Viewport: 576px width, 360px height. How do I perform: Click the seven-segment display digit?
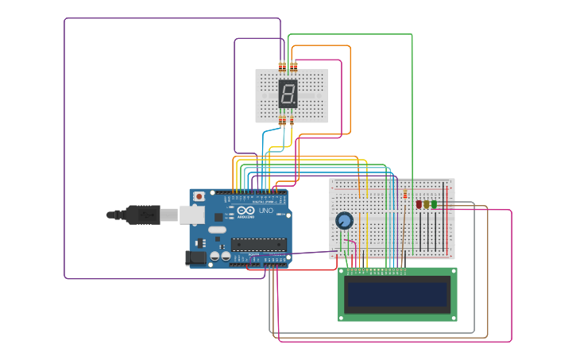[288, 94]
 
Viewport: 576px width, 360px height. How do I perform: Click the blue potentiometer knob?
[344, 221]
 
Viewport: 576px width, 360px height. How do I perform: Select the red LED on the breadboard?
[419, 204]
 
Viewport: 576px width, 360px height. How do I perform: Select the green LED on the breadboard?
[434, 204]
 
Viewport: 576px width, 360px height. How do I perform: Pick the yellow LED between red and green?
[427, 204]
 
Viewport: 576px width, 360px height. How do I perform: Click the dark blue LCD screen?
[397, 294]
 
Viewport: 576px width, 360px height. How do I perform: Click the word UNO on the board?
[266, 211]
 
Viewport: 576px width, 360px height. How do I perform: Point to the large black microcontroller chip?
[259, 245]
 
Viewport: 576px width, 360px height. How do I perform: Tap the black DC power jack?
[195, 257]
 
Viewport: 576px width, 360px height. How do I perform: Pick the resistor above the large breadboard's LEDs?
[404, 194]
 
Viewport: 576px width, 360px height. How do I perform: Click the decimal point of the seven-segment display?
[296, 105]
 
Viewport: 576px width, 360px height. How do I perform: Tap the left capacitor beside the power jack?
[215, 257]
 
